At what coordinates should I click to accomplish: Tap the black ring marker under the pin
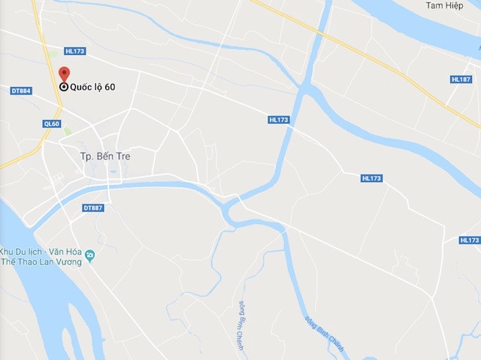pos(65,86)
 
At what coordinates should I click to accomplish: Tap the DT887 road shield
pos(92,207)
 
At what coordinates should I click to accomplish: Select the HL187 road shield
pos(461,79)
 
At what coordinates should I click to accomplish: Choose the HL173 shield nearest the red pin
pos(75,51)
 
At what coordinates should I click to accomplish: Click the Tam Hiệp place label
pos(442,6)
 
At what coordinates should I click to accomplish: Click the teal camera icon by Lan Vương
pos(90,256)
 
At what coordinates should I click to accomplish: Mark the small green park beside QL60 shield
pos(68,132)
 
